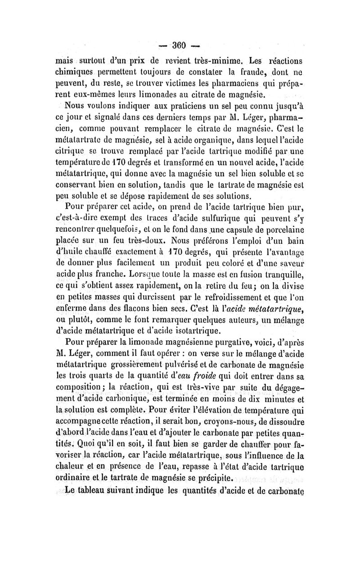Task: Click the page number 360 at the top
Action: coord(180,47)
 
